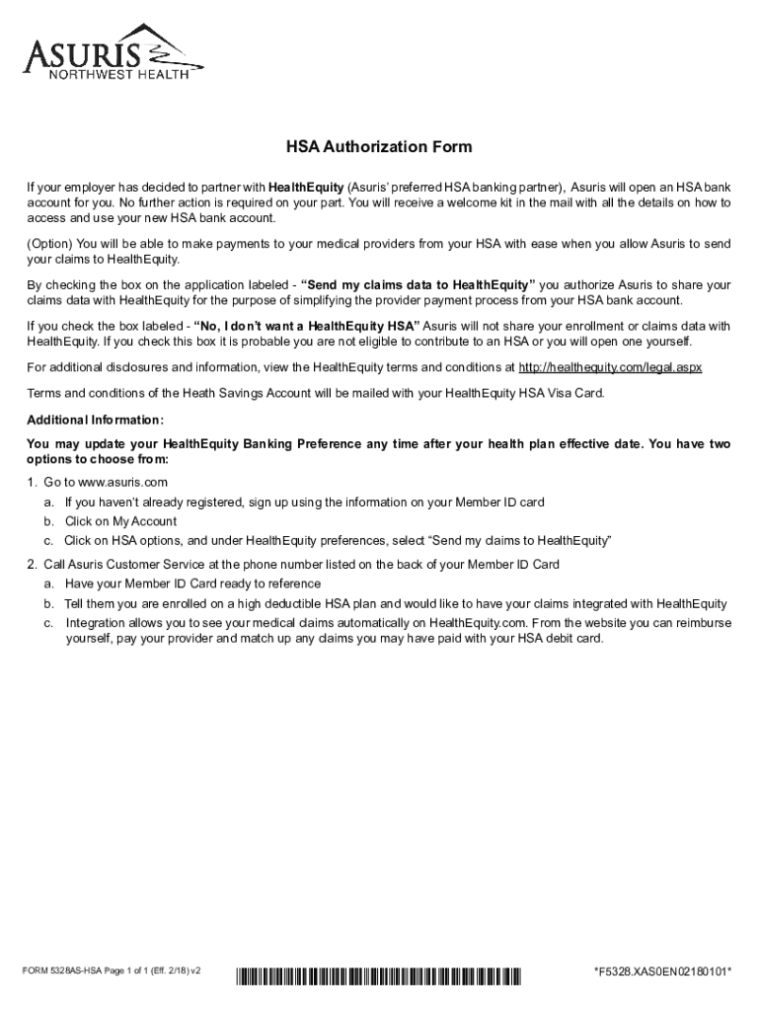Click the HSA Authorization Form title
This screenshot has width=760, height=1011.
click(379, 147)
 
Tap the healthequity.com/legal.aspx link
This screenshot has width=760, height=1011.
click(610, 367)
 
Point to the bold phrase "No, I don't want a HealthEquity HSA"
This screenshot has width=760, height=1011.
click(307, 326)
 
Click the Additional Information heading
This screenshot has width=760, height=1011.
click(88, 419)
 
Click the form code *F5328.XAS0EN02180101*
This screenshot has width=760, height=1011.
click(662, 972)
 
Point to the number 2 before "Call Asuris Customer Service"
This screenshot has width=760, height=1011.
click(32, 565)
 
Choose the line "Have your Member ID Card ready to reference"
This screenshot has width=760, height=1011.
click(187, 583)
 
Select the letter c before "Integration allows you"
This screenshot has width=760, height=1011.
click(47, 623)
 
